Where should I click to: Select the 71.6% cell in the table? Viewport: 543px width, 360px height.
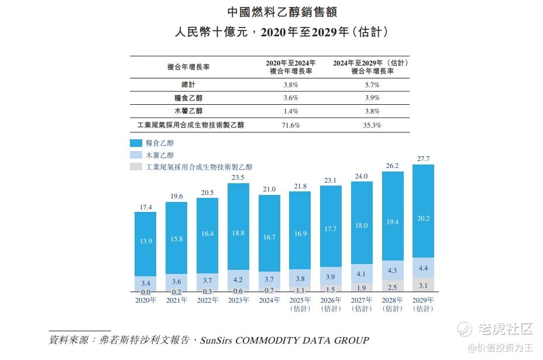click(x=291, y=125)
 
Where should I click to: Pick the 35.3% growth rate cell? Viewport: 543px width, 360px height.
click(x=372, y=125)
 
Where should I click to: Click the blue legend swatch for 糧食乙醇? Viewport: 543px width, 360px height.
click(x=136, y=143)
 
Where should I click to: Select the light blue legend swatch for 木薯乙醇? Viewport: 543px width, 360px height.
click(x=136, y=155)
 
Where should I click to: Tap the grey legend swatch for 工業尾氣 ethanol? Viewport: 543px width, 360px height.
click(x=136, y=167)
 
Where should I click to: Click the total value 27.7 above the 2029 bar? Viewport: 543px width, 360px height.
click(x=423, y=159)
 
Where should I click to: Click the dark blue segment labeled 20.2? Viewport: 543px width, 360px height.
click(x=423, y=218)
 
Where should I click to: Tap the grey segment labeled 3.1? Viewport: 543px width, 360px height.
click(x=423, y=284)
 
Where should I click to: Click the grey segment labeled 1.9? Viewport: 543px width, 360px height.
click(x=362, y=287)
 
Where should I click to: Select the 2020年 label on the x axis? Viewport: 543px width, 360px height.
click(x=146, y=300)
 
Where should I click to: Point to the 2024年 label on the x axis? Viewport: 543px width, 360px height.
click(x=269, y=300)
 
